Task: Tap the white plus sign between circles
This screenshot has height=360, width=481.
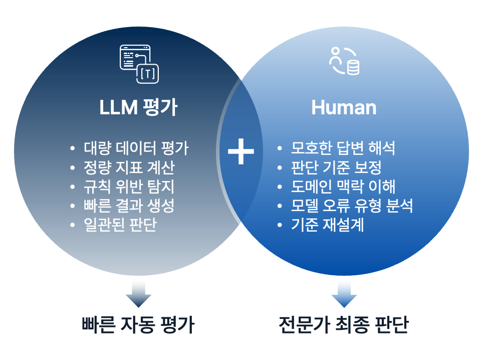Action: (x=241, y=150)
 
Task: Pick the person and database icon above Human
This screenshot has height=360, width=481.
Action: (x=344, y=61)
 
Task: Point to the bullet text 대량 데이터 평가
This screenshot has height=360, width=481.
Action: (x=136, y=148)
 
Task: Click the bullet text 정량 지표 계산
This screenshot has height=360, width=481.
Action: (x=129, y=167)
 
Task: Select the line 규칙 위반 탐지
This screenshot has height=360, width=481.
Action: (x=129, y=187)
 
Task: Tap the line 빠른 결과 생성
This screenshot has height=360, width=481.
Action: (x=129, y=206)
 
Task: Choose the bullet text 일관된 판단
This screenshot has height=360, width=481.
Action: (x=120, y=225)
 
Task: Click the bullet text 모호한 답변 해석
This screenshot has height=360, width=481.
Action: (x=343, y=148)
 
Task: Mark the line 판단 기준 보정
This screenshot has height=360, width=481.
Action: (x=336, y=167)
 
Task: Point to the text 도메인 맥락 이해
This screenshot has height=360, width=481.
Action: (x=343, y=187)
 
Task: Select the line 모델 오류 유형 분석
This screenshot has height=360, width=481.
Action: (x=352, y=206)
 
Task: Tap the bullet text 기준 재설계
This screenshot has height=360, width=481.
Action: (x=327, y=225)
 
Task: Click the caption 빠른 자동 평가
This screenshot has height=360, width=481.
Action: (x=138, y=325)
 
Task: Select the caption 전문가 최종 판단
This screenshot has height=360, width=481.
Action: (x=344, y=325)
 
